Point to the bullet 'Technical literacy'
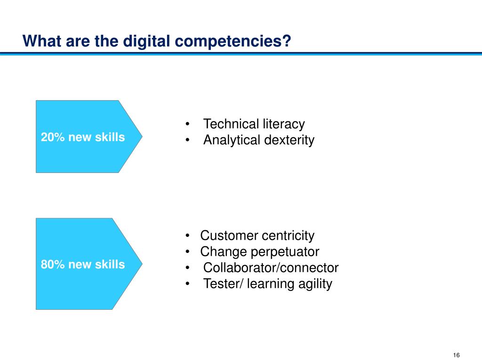tap(254, 124)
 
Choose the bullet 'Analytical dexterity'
tap(259, 140)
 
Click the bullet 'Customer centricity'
tap(257, 236)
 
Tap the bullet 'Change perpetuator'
tap(260, 252)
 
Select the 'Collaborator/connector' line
tap(271, 267)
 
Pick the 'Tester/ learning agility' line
tap(268, 283)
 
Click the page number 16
tap(457, 355)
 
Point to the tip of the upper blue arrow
tap(142, 136)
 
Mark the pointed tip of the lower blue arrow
tap(142, 263)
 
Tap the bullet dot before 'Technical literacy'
tap(187, 124)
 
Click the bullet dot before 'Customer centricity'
tap(187, 236)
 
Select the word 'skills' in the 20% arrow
tap(110, 137)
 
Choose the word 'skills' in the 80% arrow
tap(110, 264)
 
